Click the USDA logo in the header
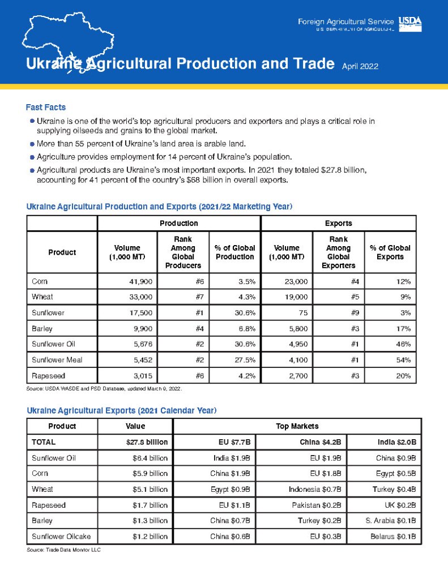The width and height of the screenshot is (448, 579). [410, 22]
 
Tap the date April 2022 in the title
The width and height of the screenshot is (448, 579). [360, 66]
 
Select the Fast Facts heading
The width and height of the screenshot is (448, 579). [46, 107]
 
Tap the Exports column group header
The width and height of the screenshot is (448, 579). [338, 223]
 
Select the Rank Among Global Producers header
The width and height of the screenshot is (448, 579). [183, 252]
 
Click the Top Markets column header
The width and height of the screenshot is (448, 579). [297, 426]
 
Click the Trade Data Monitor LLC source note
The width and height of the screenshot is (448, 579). [63, 550]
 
